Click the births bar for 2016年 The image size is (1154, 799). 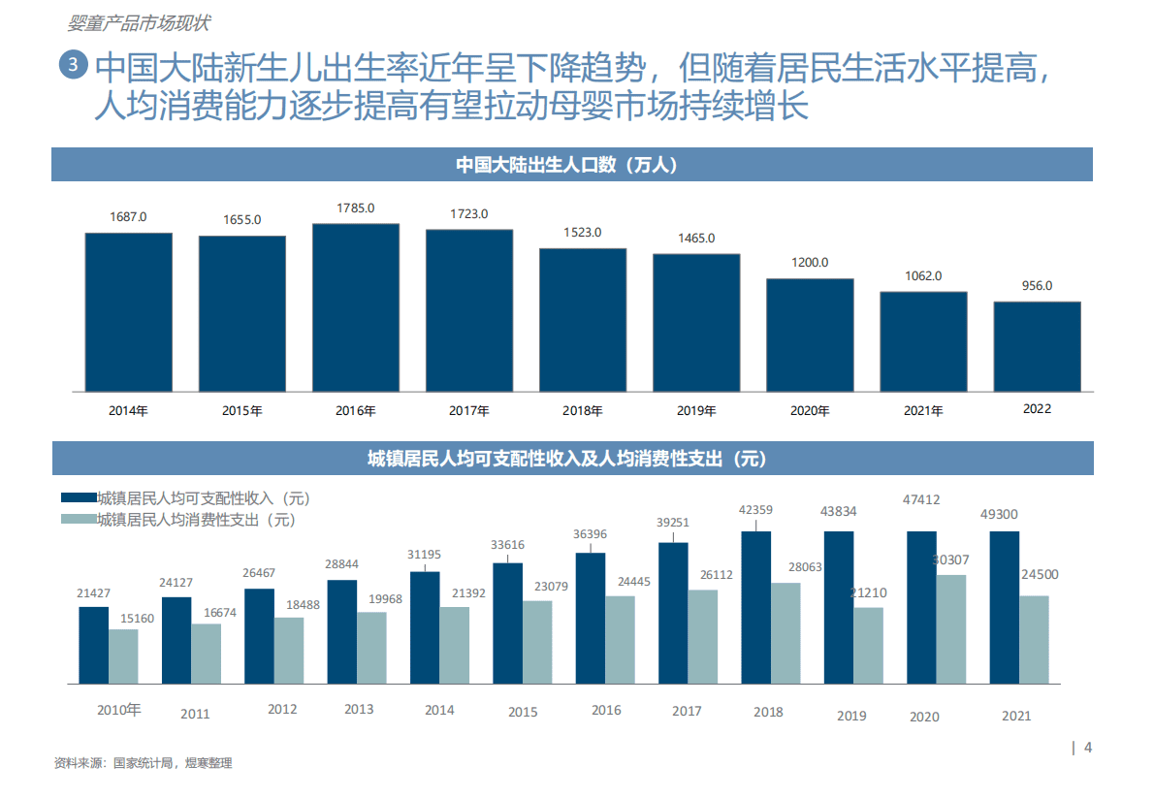pos(355,307)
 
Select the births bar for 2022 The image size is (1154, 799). pos(1037,346)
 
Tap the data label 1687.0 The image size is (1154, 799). pos(127,216)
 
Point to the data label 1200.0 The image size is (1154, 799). pos(810,262)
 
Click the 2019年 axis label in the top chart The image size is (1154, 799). pos(696,410)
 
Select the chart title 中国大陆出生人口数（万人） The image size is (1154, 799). pos(571,165)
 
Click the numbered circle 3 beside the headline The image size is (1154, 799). pos(73,65)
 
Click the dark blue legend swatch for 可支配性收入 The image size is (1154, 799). pos(78,498)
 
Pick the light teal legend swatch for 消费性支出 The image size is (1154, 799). pos(78,520)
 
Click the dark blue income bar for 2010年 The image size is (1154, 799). pos(93,644)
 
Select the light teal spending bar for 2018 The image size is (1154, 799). pos(785,631)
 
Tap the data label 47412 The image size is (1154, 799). pos(920,500)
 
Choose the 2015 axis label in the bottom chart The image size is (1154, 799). pos(523,712)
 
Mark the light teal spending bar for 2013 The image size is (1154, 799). pos(371,646)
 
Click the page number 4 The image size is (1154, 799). pos(1088,747)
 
